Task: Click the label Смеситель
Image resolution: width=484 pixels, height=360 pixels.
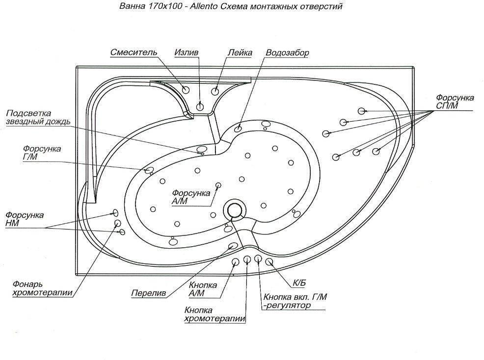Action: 134,52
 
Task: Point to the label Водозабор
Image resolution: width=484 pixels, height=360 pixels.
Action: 288,52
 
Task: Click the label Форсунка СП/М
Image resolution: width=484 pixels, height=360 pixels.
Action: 455,102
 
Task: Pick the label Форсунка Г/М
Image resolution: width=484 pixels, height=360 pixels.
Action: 42,153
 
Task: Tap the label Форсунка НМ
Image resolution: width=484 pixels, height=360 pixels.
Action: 24,219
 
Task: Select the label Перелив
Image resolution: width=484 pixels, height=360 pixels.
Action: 148,294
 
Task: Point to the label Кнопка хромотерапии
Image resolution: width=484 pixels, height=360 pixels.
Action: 215,314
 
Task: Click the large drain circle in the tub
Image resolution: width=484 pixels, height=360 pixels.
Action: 233,210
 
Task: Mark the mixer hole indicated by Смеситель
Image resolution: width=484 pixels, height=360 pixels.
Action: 186,90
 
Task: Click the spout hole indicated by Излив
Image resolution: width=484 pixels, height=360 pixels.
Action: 200,106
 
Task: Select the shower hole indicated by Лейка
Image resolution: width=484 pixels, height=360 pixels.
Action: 215,91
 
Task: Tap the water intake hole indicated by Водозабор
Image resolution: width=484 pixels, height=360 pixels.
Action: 238,129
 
